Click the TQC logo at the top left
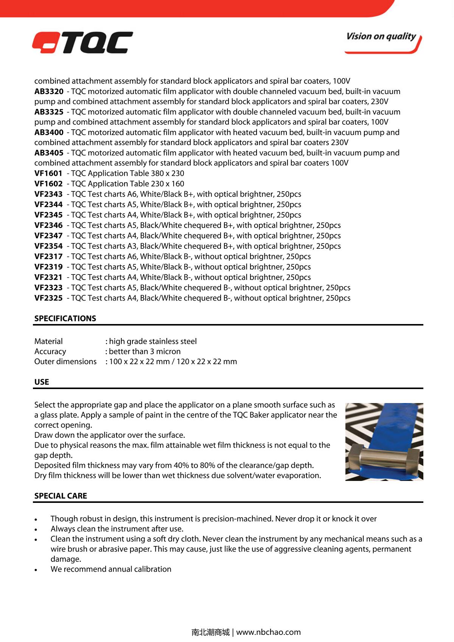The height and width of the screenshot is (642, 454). click(x=82, y=42)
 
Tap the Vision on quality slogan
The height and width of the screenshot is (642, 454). click(x=381, y=37)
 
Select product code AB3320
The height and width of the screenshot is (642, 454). click(x=49, y=91)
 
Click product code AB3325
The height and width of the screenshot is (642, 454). click(x=49, y=112)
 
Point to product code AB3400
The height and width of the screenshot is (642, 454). click(x=49, y=132)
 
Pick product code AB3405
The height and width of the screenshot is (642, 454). click(x=49, y=153)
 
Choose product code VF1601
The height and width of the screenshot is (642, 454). click(x=48, y=173)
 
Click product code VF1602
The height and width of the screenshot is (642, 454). click(x=48, y=184)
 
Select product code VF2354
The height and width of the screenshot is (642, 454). click(x=48, y=246)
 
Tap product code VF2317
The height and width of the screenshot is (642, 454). click(x=48, y=256)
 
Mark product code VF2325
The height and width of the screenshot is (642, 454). click(x=48, y=298)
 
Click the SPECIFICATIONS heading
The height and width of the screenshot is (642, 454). click(x=65, y=318)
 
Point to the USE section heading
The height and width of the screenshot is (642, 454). click(x=42, y=382)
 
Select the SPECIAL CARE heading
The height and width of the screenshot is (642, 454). click(x=61, y=496)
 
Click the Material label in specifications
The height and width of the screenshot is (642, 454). click(x=48, y=341)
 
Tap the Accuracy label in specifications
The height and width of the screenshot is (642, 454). click(x=50, y=352)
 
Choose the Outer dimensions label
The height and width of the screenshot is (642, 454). click(x=65, y=361)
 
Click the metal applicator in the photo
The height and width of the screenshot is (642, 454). click(x=383, y=458)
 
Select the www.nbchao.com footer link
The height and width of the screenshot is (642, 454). click(x=269, y=632)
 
